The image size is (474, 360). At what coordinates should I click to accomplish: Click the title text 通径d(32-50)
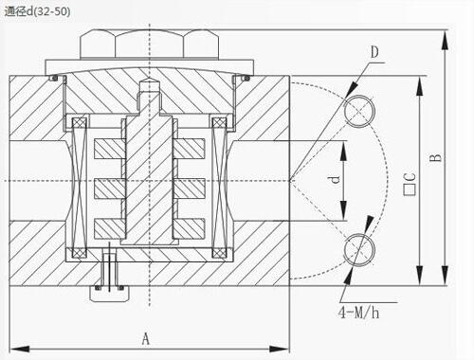coord(37,11)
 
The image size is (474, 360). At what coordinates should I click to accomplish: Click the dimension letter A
coord(145,339)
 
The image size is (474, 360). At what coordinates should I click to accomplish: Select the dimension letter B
coord(436,157)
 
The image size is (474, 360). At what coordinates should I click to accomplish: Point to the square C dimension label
coord(410,184)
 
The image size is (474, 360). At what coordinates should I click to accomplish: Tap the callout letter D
coord(374,52)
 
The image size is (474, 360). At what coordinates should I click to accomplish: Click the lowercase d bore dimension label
coord(335,179)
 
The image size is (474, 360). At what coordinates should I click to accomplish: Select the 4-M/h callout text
coord(358,313)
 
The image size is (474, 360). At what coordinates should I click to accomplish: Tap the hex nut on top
coord(149,45)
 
